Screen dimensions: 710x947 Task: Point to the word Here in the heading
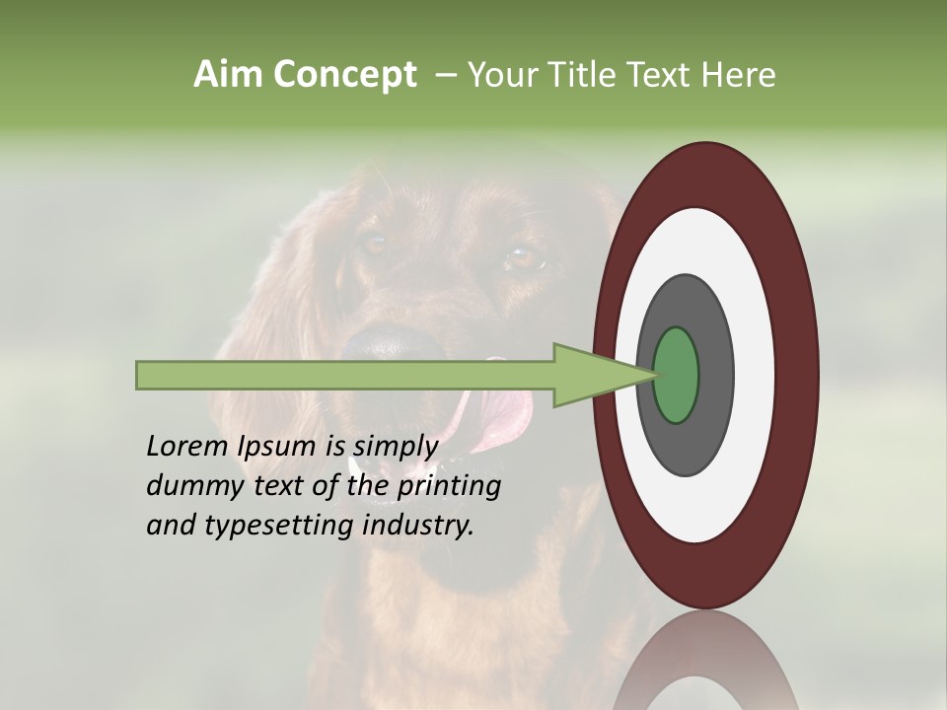point(738,75)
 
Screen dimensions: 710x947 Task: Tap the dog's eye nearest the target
point(524,258)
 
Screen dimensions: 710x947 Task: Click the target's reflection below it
point(705,661)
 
